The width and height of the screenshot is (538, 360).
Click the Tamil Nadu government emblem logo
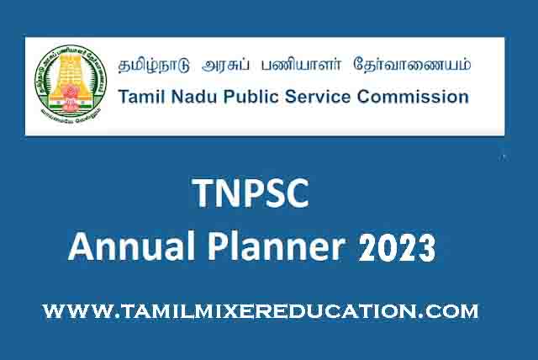point(71,83)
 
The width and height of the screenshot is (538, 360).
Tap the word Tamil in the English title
point(142,97)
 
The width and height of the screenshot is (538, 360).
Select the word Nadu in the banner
point(194,97)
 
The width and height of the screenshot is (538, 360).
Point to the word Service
point(318,97)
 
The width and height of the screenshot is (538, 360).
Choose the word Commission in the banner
point(413,97)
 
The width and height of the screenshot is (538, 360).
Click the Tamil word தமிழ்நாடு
point(154,65)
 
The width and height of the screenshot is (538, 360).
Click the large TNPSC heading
point(251,193)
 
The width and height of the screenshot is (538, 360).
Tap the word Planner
point(277,248)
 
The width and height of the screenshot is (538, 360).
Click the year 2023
point(397,247)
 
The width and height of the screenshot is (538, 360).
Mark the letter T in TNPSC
point(203,193)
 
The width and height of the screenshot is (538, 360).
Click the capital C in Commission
point(363,97)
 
